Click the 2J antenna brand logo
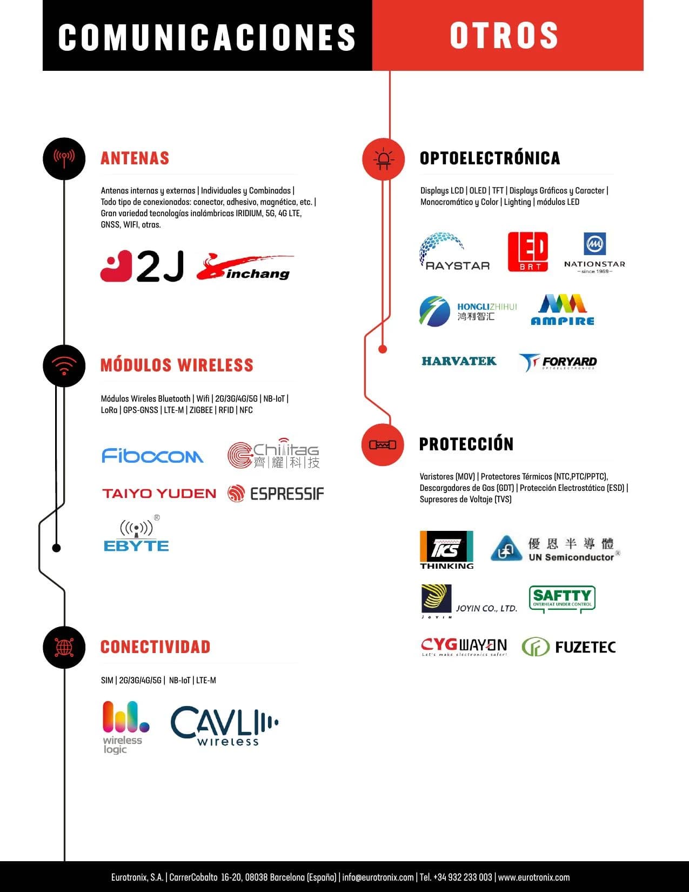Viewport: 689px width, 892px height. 142,266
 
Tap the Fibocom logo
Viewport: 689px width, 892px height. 152,456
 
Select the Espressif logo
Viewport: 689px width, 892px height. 276,494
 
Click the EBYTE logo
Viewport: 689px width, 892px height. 136,533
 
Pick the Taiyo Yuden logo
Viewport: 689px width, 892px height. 159,494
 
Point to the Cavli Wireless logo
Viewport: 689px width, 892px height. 224,725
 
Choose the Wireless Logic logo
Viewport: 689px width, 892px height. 125,727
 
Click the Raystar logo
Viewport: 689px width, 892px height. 454,251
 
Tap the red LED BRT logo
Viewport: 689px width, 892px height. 528,251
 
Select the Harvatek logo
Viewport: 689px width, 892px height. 459,361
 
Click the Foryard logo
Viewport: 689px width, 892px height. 558,362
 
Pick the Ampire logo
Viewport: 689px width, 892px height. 562,310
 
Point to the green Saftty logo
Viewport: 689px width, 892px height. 562,599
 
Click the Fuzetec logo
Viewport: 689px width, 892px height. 569,647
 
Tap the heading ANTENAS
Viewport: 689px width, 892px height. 135,158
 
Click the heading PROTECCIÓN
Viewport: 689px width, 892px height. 466,444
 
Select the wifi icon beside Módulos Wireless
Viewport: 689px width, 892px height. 64,366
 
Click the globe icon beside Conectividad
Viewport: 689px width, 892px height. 64,647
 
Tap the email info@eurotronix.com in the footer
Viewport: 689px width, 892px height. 378,877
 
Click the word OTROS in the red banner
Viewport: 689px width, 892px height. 504,36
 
